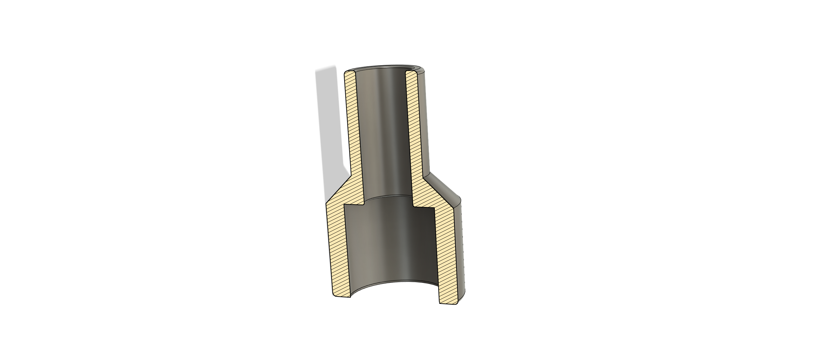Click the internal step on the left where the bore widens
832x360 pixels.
click(x=354, y=204)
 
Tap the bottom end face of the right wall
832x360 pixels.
click(x=448, y=303)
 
